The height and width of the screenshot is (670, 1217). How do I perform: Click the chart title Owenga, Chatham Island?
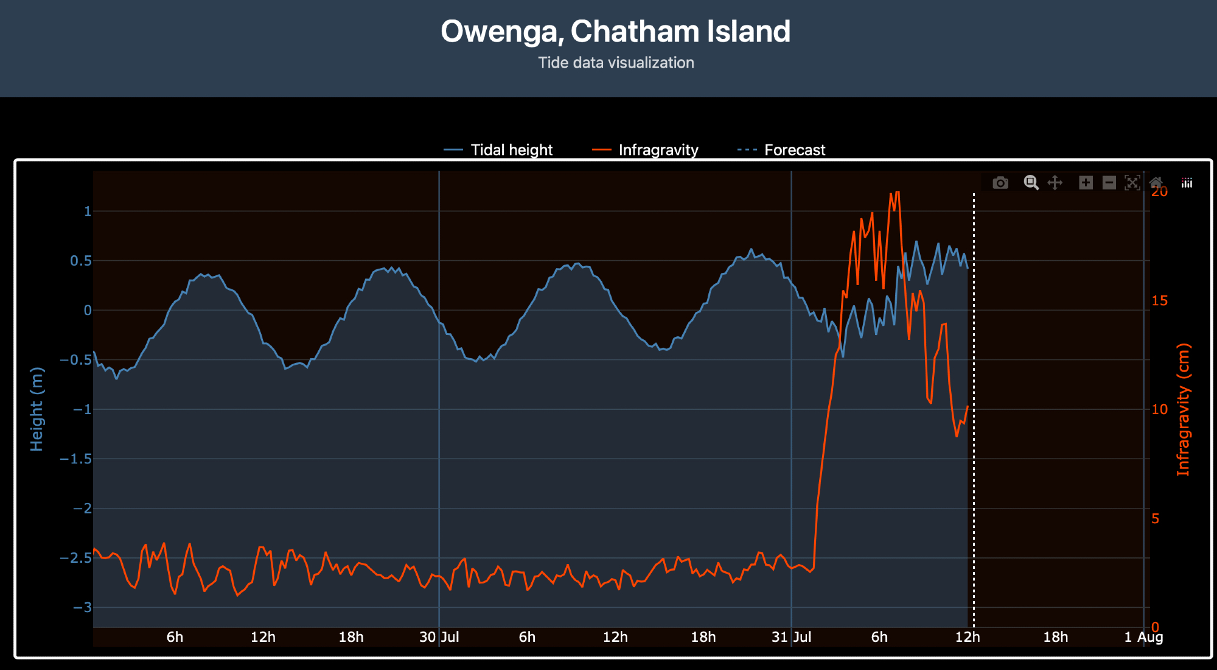615,32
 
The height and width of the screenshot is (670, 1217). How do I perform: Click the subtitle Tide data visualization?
616,63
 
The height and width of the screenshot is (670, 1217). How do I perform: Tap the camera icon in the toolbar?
1000,183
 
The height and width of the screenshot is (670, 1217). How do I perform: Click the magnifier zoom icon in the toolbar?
1031,183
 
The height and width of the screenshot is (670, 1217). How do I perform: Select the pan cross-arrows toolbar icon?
1055,183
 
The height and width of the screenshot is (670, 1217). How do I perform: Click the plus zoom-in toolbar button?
1086,183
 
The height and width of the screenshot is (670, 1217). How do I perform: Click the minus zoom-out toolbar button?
1109,183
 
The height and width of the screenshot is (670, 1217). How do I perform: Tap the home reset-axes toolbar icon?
1156,183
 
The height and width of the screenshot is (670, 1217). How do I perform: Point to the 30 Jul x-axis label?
439,637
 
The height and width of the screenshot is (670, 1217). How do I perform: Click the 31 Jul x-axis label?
791,637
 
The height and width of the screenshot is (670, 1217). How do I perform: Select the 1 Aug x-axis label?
1143,637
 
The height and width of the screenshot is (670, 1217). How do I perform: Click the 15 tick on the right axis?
1160,301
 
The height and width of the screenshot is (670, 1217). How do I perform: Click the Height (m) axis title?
37,409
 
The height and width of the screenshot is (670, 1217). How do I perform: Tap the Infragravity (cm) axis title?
1183,409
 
